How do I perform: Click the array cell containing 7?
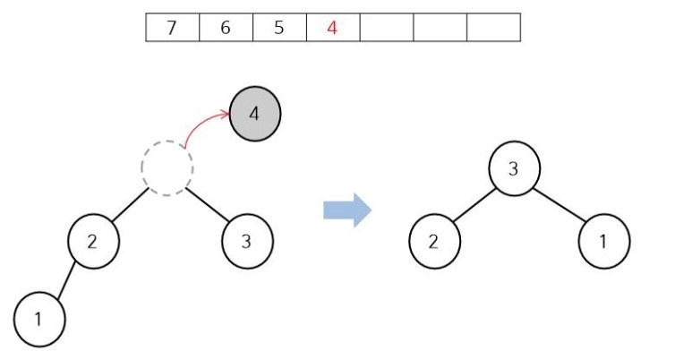pyautogui.click(x=172, y=28)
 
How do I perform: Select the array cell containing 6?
pyautogui.click(x=226, y=28)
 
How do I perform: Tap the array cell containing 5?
pyautogui.click(x=279, y=28)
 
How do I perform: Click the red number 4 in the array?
pyautogui.click(x=332, y=28)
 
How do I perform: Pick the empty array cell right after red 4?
pyautogui.click(x=387, y=28)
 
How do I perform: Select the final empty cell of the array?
pyautogui.click(x=493, y=28)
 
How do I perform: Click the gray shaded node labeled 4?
pyautogui.click(x=255, y=115)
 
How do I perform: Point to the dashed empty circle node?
pyautogui.click(x=167, y=167)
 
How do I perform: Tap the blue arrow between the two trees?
pyautogui.click(x=347, y=210)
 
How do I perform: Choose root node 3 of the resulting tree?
pyautogui.click(x=513, y=167)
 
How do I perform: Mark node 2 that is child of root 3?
pyautogui.click(x=434, y=242)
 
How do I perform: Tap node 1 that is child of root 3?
pyautogui.click(x=604, y=242)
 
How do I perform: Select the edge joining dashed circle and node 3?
pyautogui.click(x=208, y=205)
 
